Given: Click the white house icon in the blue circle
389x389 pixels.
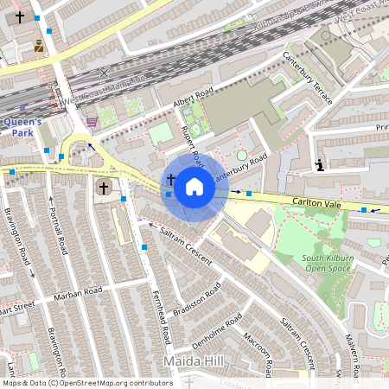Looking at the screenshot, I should [194, 187].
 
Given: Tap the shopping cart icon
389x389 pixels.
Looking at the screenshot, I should [92, 122].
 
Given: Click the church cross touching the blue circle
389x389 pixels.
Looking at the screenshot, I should [171, 181].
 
